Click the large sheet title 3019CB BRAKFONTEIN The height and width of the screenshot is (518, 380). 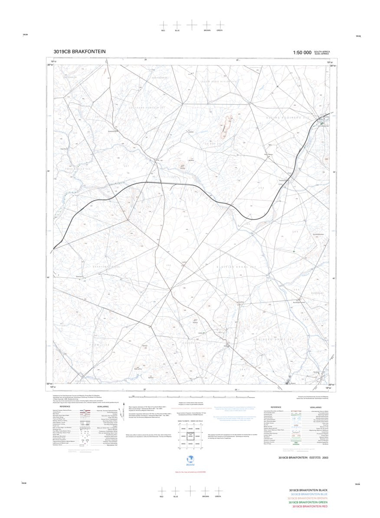pos(79,51)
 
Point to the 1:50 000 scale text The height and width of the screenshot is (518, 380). pos(302,52)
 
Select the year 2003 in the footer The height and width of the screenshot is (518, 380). pos(325,457)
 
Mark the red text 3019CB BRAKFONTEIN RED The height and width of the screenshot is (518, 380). pos(310,506)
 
